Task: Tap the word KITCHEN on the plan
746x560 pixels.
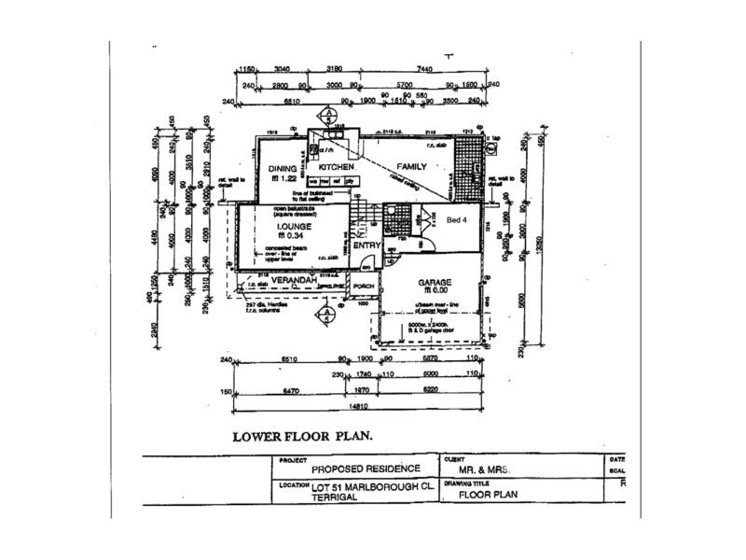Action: (335, 167)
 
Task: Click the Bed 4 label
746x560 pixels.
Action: (456, 220)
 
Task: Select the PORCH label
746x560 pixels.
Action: (364, 287)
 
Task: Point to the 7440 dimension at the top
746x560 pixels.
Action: (425, 68)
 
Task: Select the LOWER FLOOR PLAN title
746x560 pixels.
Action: (301, 436)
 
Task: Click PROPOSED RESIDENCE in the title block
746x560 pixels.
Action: (366, 469)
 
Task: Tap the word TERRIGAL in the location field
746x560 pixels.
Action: (334, 500)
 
